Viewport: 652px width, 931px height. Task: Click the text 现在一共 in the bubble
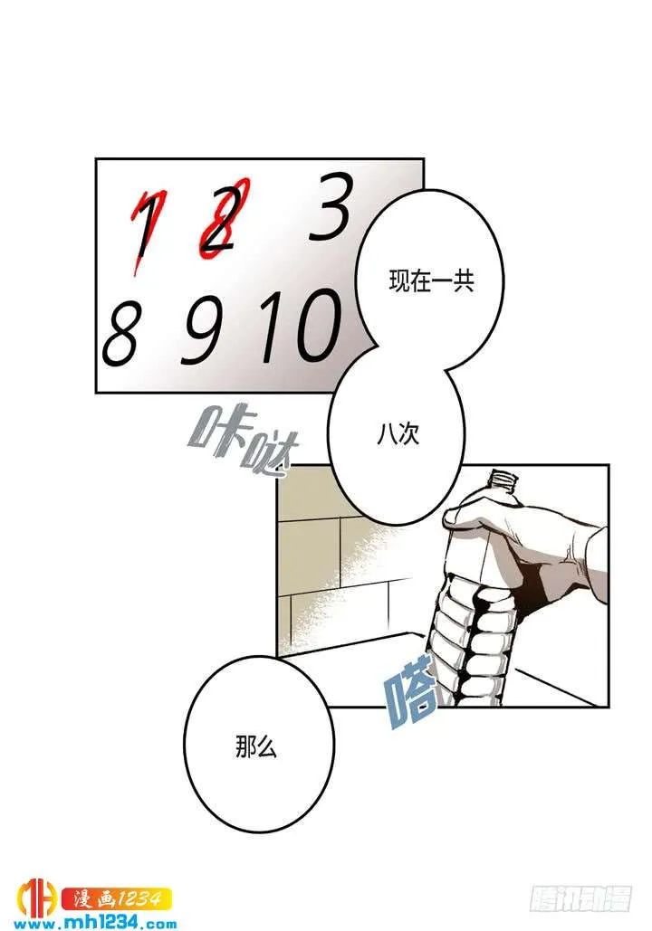click(432, 281)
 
